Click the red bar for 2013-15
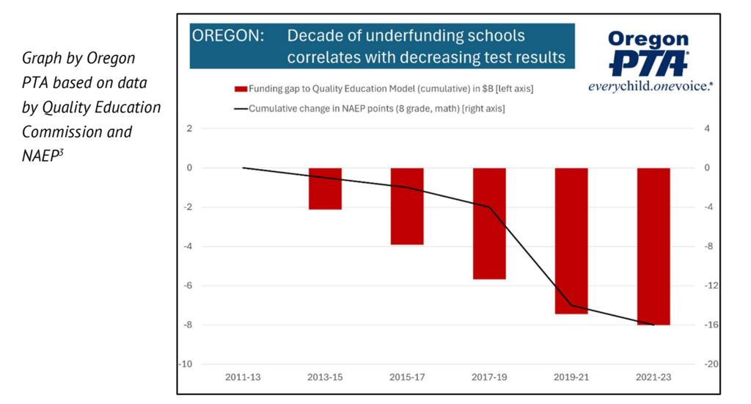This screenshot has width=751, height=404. [325, 189]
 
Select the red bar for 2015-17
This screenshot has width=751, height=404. [407, 206]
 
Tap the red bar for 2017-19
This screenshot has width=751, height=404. [489, 223]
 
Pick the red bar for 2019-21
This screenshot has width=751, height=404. [571, 241]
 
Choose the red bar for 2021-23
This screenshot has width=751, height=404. [653, 246]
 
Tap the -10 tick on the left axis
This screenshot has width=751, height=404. [187, 364]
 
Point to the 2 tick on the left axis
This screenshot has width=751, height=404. [189, 129]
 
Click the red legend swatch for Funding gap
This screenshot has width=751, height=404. [241, 89]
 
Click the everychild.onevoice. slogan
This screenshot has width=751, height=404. [651, 86]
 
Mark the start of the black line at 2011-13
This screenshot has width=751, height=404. [243, 167]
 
